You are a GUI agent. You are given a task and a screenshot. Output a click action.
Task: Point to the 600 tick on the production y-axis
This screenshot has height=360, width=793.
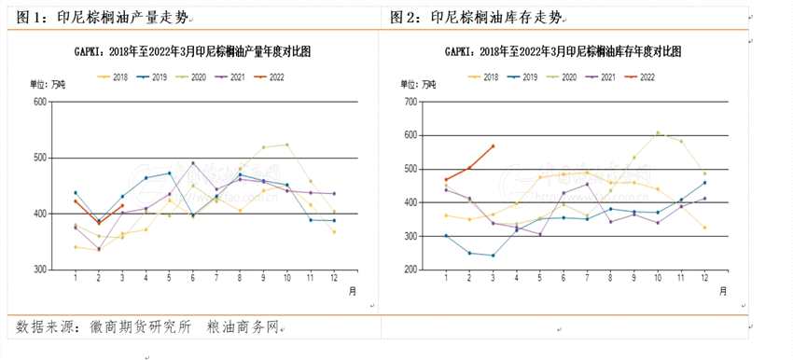pyautogui.click(x=39, y=101)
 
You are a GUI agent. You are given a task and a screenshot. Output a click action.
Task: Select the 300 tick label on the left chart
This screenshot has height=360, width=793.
pyautogui.click(x=39, y=270)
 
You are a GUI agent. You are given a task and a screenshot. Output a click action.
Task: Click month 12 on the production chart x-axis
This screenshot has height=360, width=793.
pyautogui.click(x=334, y=279)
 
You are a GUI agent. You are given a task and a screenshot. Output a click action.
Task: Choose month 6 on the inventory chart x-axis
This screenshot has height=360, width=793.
pyautogui.click(x=563, y=279)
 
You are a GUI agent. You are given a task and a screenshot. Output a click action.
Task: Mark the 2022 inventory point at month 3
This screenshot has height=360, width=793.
pyautogui.click(x=493, y=145)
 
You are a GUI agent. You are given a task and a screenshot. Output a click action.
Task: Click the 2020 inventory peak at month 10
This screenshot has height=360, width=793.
pyautogui.click(x=658, y=132)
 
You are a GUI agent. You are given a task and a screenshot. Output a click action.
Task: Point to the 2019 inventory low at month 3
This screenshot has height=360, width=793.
pyautogui.click(x=493, y=256)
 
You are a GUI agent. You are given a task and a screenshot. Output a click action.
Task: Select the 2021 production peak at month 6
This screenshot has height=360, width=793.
pyautogui.click(x=193, y=163)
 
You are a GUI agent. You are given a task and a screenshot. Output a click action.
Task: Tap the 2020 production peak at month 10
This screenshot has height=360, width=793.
pyautogui.click(x=287, y=145)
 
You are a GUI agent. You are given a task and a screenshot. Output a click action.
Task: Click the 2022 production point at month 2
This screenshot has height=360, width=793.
pyautogui.click(x=99, y=223)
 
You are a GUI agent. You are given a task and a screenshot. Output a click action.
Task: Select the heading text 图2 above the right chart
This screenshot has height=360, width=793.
pyautogui.click(x=408, y=17)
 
